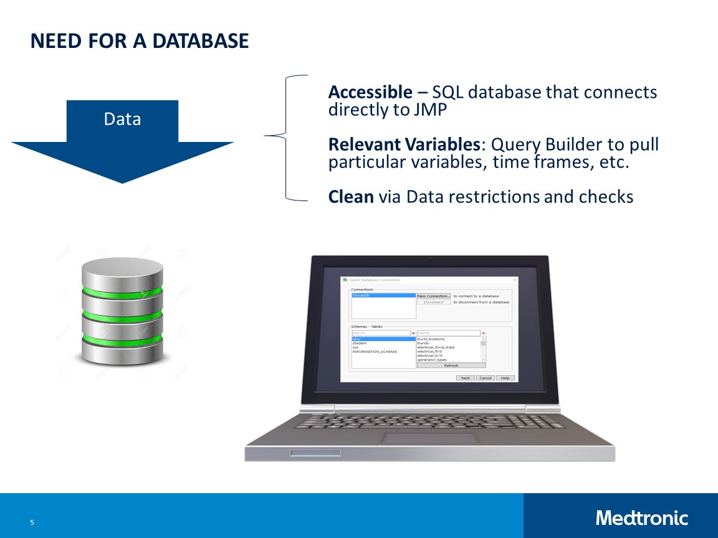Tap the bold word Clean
[351, 197]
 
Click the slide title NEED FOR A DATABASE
[140, 42]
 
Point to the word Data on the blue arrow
[122, 119]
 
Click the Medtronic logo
[641, 518]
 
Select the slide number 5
[32, 522]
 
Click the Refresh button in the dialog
[451, 366]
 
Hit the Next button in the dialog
[466, 378]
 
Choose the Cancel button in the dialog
[486, 378]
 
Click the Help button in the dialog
[505, 378]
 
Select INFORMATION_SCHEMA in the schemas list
[375, 352]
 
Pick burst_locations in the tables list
[431, 339]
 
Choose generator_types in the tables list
[432, 360]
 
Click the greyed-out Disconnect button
[433, 302]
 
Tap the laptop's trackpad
[430, 438]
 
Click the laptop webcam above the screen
[429, 260]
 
